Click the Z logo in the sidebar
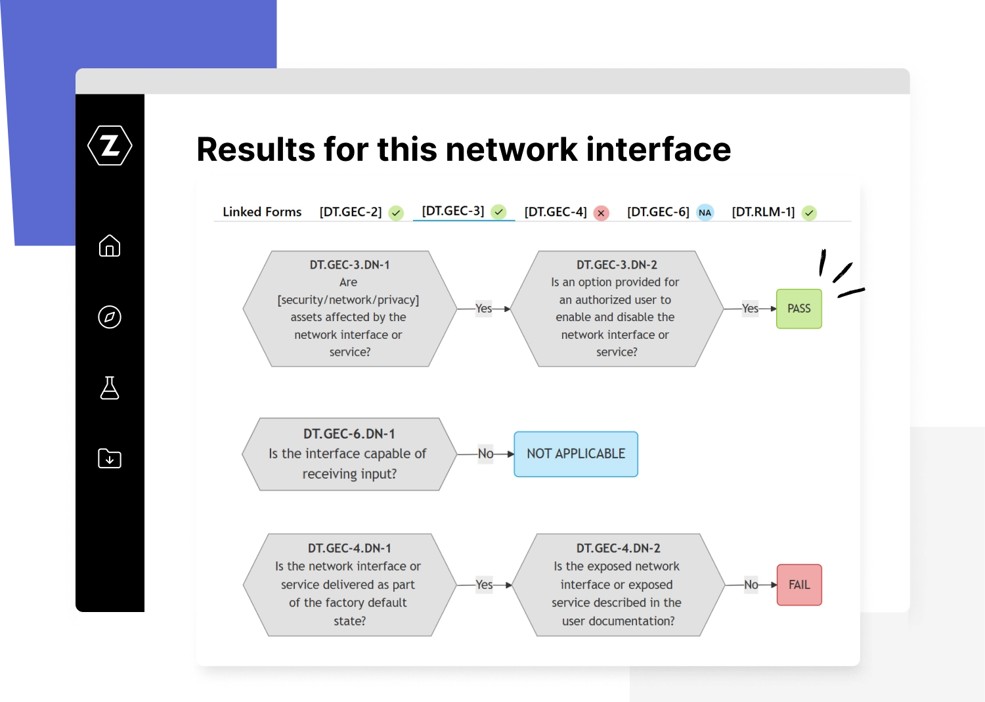[110, 145]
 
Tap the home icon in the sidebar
[110, 246]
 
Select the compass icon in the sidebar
[110, 317]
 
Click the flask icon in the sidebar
[110, 388]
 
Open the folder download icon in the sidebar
[110, 458]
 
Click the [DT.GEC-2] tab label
[351, 212]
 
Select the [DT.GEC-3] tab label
[453, 211]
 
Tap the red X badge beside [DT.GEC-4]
[601, 213]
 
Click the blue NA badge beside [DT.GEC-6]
[705, 213]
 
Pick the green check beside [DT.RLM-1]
[809, 213]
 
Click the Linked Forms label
[262, 212]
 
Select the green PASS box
[799, 309]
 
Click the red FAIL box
[799, 585]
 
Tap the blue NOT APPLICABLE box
[576, 454]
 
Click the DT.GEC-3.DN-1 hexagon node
[349, 309]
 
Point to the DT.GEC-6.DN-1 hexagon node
[349, 454]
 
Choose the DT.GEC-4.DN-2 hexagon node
[618, 585]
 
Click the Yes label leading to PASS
[750, 309]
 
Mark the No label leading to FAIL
[751, 585]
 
